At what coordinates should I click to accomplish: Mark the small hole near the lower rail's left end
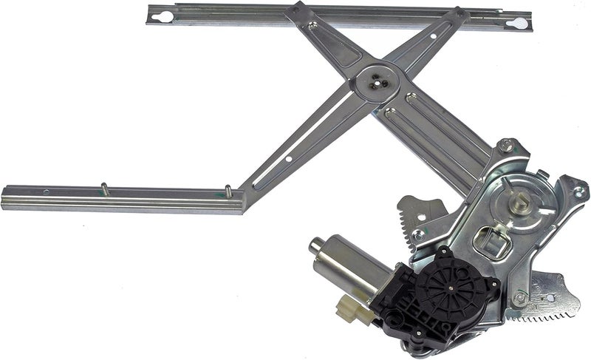[x=47, y=193]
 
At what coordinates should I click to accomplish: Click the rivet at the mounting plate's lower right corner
[x=521, y=299]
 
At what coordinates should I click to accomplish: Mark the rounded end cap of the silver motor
[x=315, y=245]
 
